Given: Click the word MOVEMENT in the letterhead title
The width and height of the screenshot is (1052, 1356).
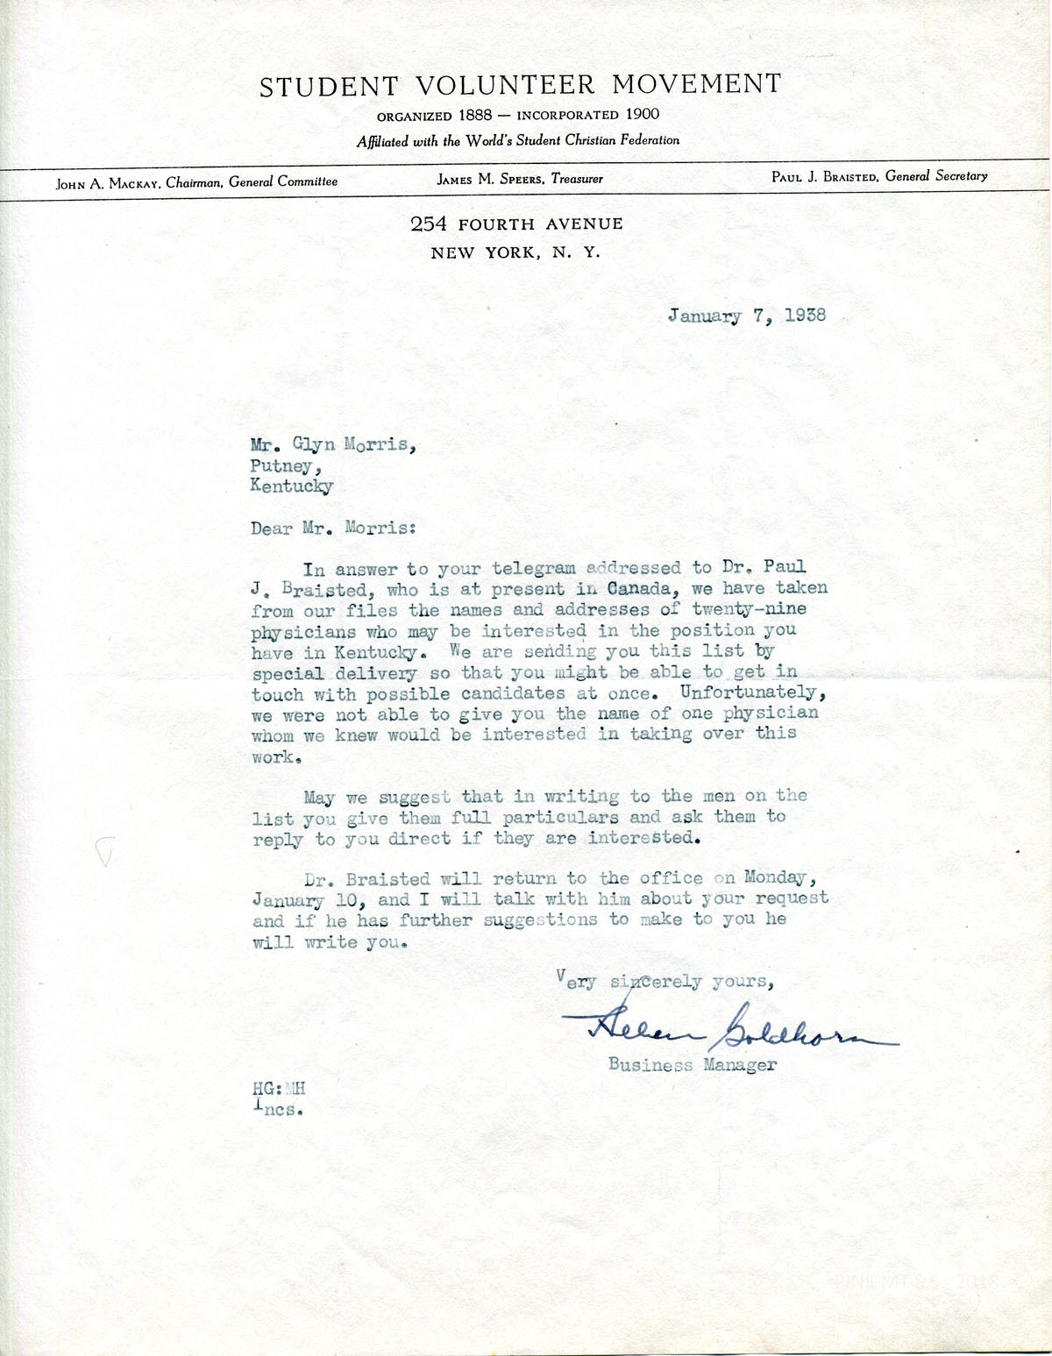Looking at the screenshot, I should (696, 84).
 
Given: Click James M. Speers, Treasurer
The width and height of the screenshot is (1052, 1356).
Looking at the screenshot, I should (520, 179).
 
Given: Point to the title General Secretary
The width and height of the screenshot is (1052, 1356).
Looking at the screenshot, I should (936, 175).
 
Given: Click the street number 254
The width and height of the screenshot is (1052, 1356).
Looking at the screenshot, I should (429, 224).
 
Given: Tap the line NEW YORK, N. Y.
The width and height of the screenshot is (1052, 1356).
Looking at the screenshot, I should (515, 253).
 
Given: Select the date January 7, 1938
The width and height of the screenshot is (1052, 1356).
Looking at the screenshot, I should (746, 316).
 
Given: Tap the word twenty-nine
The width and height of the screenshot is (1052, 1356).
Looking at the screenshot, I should (749, 609).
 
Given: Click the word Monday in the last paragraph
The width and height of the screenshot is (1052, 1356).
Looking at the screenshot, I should (774, 877).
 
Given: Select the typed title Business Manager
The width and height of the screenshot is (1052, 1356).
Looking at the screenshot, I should (692, 1065).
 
